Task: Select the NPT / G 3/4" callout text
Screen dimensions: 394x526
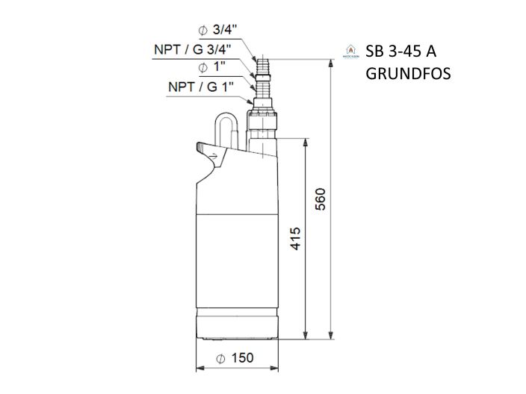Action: tap(192, 49)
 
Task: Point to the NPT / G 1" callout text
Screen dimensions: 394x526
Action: tap(202, 87)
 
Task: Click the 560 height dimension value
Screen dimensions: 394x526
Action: tap(321, 199)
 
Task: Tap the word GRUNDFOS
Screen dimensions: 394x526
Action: tap(408, 75)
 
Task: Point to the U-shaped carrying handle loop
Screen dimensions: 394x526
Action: tap(226, 127)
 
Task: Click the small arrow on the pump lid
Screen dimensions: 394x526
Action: tap(215, 155)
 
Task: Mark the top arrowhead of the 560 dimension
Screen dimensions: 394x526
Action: tap(331, 65)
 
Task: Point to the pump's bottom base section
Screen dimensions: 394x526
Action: tap(240, 322)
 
